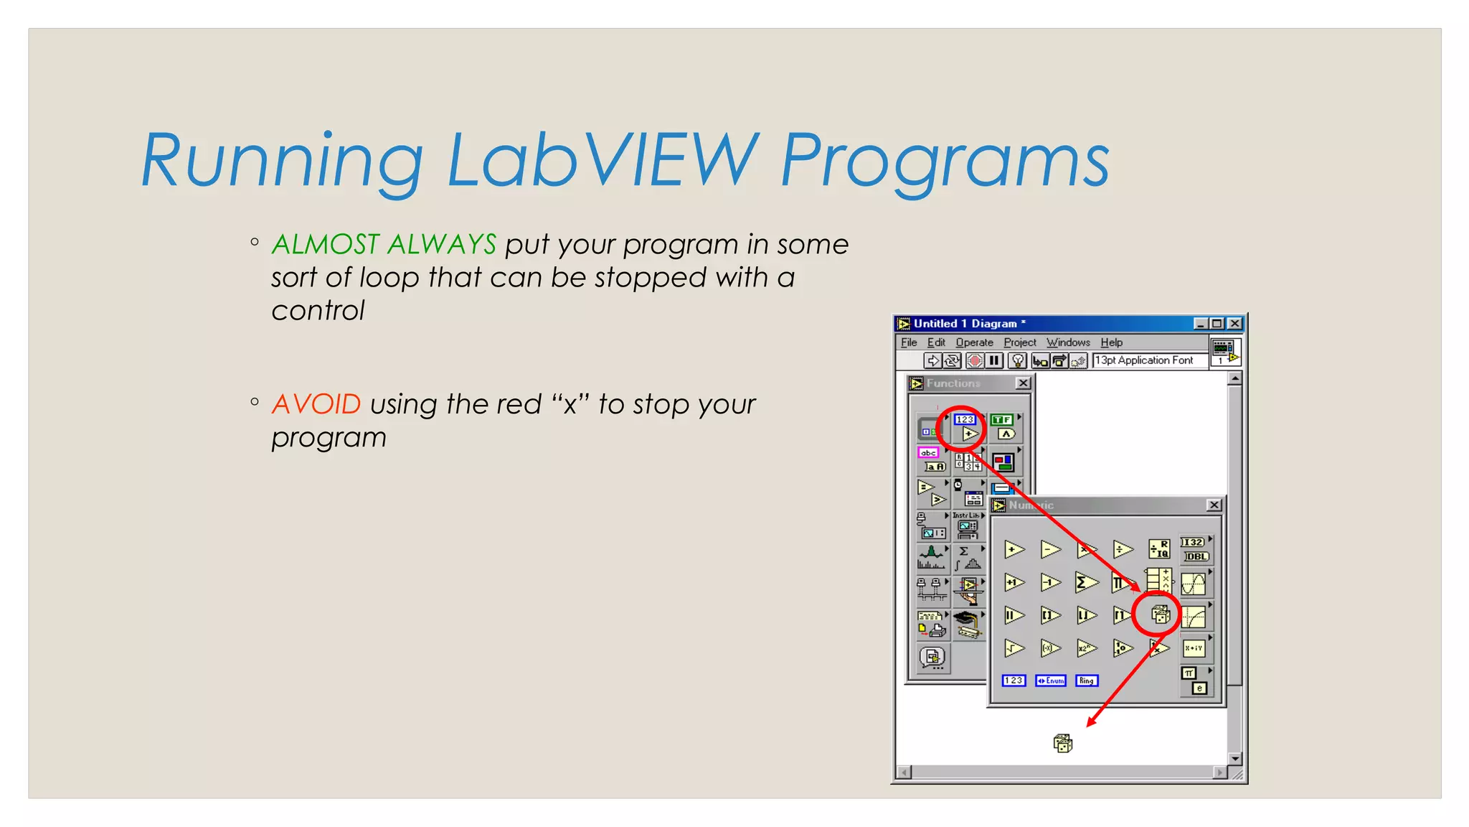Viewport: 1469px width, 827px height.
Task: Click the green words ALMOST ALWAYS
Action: coord(384,245)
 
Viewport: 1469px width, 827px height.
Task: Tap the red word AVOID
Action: coord(316,404)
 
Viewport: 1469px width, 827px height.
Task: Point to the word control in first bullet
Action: coord(318,311)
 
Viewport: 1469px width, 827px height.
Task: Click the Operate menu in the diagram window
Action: coord(974,342)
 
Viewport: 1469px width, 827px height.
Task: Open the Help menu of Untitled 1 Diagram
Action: coord(1111,342)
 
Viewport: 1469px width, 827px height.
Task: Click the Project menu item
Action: coord(1019,342)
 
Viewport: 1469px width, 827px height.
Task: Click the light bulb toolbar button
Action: coord(1017,360)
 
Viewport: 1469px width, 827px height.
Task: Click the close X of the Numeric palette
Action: coord(1214,505)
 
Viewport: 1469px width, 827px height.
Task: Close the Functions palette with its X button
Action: coord(1024,383)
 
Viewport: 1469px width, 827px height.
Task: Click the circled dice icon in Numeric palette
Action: coord(1160,615)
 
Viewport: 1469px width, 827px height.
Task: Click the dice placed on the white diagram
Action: coord(1062,743)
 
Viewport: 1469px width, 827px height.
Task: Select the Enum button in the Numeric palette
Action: coord(1050,681)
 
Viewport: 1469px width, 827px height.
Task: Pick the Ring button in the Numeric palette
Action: coord(1087,681)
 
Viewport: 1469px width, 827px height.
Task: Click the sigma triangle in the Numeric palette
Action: coord(1086,582)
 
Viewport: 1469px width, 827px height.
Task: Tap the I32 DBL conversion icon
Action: coord(1194,549)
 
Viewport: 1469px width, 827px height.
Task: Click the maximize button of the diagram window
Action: coord(1217,324)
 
